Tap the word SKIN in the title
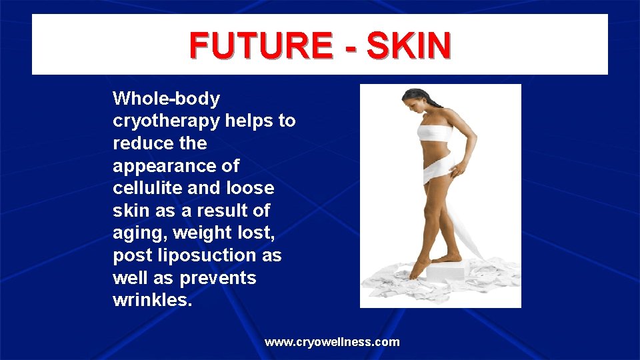click(x=409, y=45)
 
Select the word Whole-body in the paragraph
click(x=166, y=99)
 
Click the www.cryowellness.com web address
click(x=332, y=342)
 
